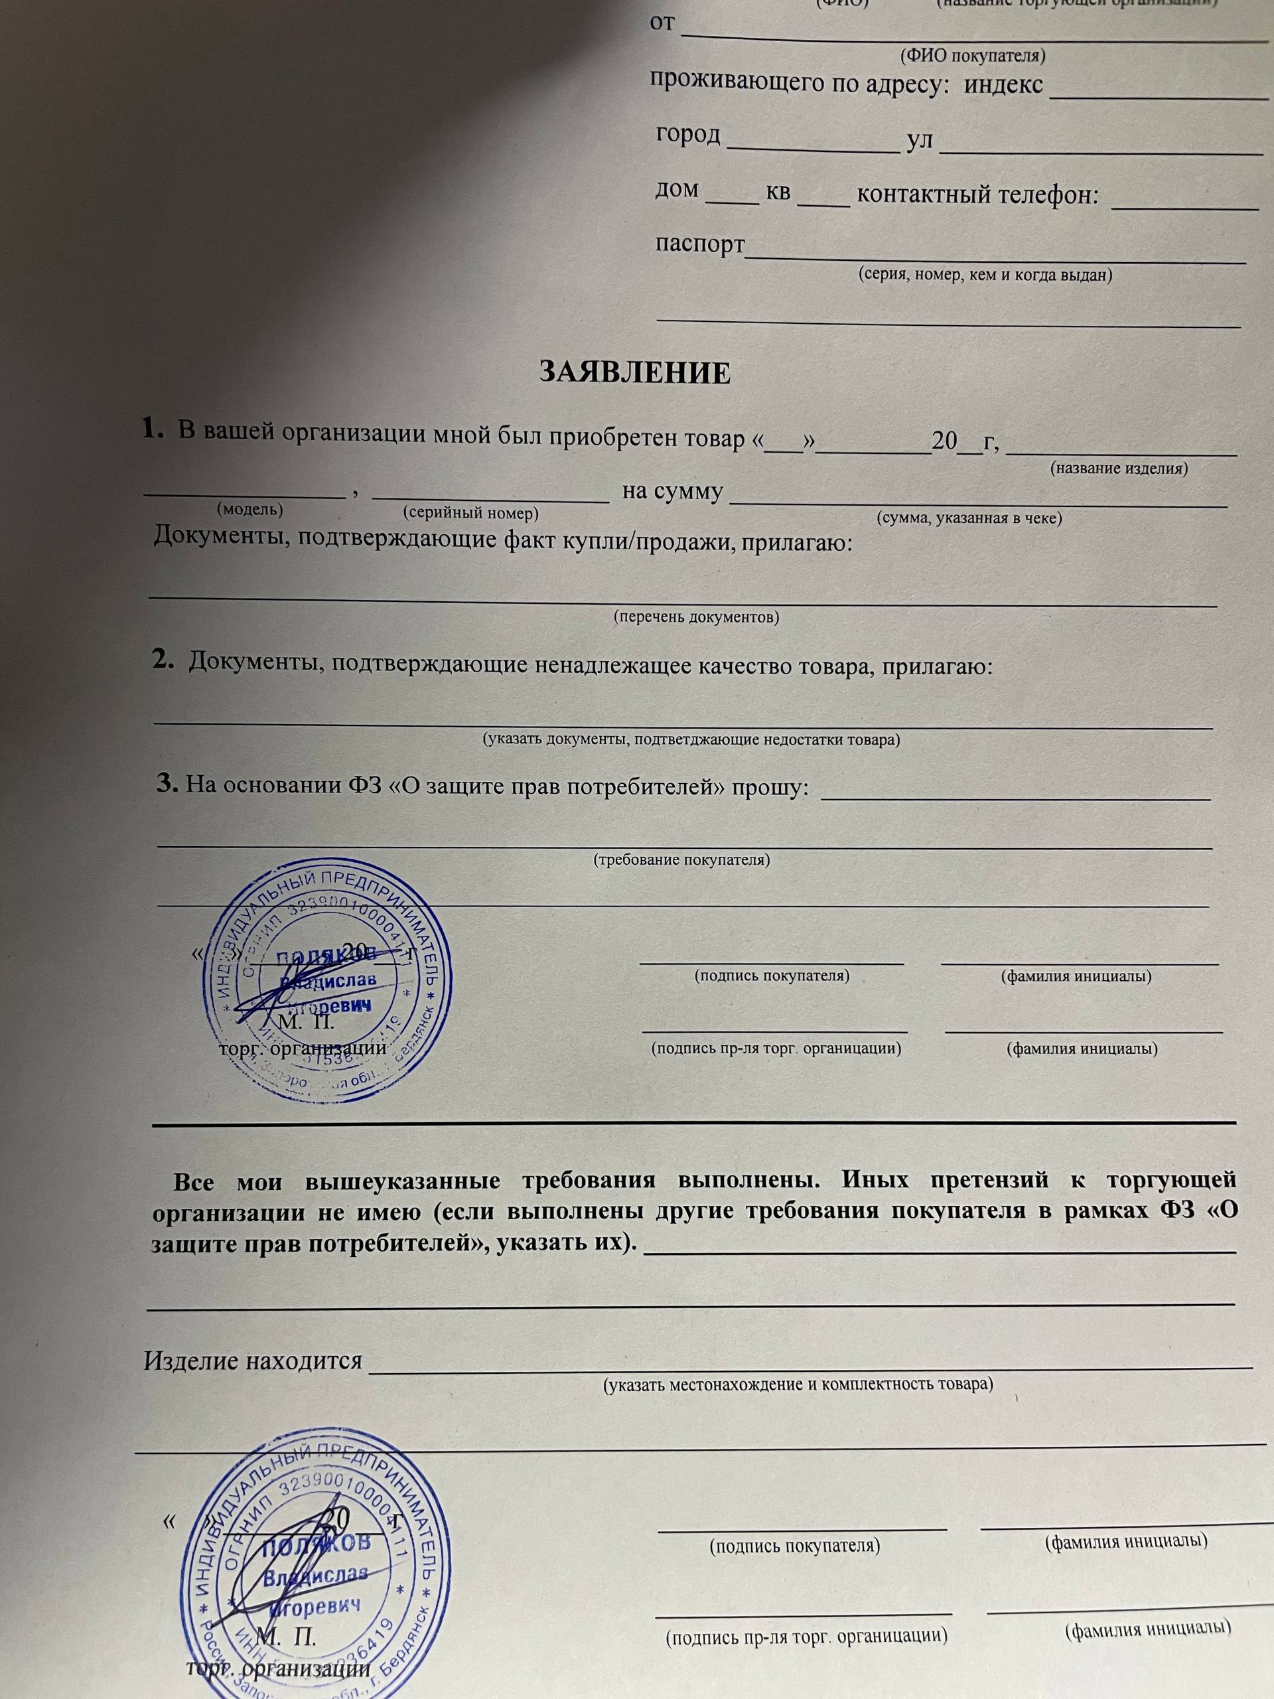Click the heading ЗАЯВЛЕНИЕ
click(x=634, y=373)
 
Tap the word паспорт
click(x=699, y=244)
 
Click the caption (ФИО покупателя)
click(x=972, y=56)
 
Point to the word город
click(x=688, y=135)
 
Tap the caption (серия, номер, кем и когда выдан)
click(x=985, y=274)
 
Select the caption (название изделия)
click(x=1118, y=468)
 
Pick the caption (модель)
click(x=249, y=508)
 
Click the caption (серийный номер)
click(x=470, y=513)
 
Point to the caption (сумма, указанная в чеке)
click(x=969, y=518)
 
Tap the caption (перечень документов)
click(x=696, y=617)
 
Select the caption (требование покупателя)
click(x=681, y=859)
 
